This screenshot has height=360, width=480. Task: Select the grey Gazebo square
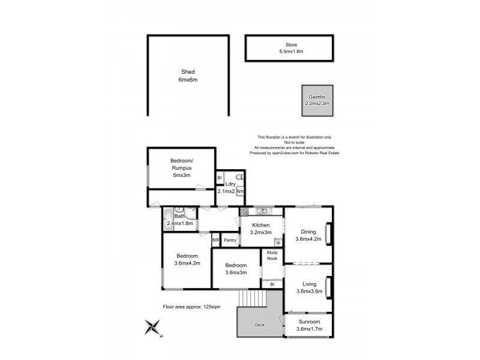pos(317,100)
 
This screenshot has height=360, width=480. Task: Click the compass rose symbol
pos(154,328)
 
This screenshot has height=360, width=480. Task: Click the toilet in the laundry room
pos(239,178)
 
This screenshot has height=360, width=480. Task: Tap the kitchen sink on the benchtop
pos(262,211)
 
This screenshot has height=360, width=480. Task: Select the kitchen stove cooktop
pos(244,211)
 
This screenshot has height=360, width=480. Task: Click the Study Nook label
pos(272,256)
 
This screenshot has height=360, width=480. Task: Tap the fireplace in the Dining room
pos(327,232)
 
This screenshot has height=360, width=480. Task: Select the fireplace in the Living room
pos(327,285)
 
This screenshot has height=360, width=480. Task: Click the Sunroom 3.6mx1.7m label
pos(309,326)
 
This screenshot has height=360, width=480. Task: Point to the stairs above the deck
pos(251,298)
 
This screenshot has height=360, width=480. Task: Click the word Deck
pos(259,325)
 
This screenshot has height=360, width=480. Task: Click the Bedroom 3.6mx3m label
pos(235,269)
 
